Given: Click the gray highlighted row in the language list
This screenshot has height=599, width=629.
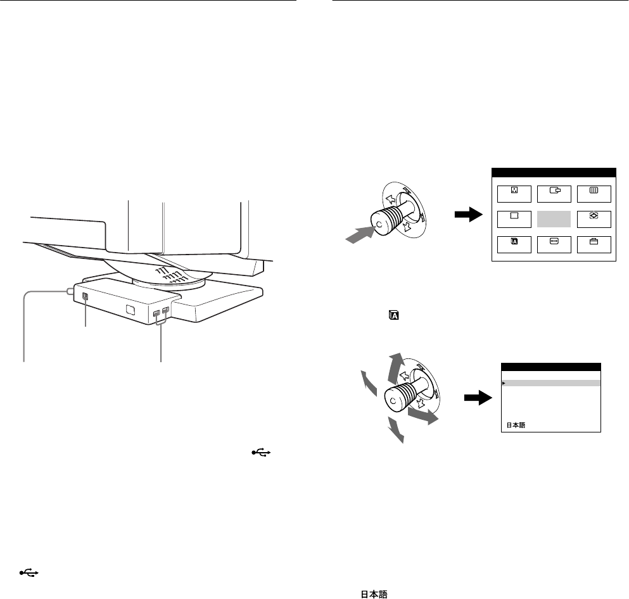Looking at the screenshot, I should tap(550, 383).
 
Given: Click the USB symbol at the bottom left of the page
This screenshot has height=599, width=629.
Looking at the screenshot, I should tap(29, 573).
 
